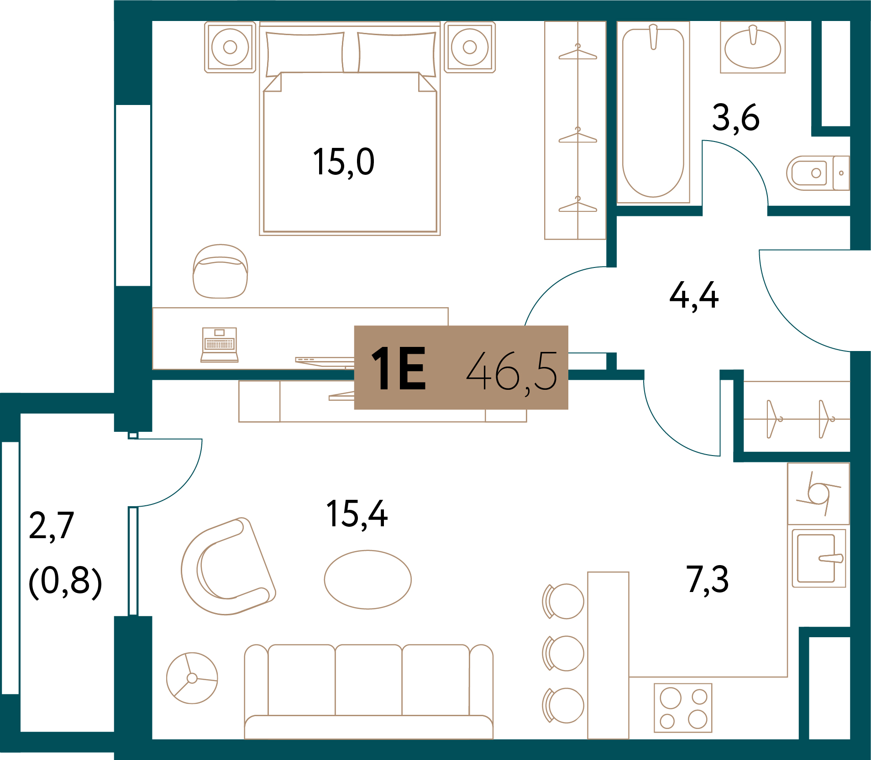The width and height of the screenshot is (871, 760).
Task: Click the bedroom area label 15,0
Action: (x=343, y=162)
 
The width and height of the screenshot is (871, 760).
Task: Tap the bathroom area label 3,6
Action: (x=736, y=118)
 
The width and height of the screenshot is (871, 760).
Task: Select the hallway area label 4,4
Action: (x=694, y=296)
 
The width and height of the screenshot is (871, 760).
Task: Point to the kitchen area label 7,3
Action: (x=707, y=580)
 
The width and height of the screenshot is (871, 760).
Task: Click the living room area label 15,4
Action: (x=357, y=514)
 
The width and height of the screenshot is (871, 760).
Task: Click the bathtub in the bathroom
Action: (x=653, y=112)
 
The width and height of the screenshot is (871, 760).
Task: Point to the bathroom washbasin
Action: (x=753, y=47)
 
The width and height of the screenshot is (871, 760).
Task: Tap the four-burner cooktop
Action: (x=683, y=708)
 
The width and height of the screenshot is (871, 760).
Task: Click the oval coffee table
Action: (x=367, y=580)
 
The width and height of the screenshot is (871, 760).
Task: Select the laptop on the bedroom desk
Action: (x=220, y=345)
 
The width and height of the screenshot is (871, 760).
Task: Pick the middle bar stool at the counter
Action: (x=563, y=653)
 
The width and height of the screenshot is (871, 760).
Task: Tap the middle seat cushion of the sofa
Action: (x=368, y=680)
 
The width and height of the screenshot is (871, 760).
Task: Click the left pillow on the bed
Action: (x=305, y=52)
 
